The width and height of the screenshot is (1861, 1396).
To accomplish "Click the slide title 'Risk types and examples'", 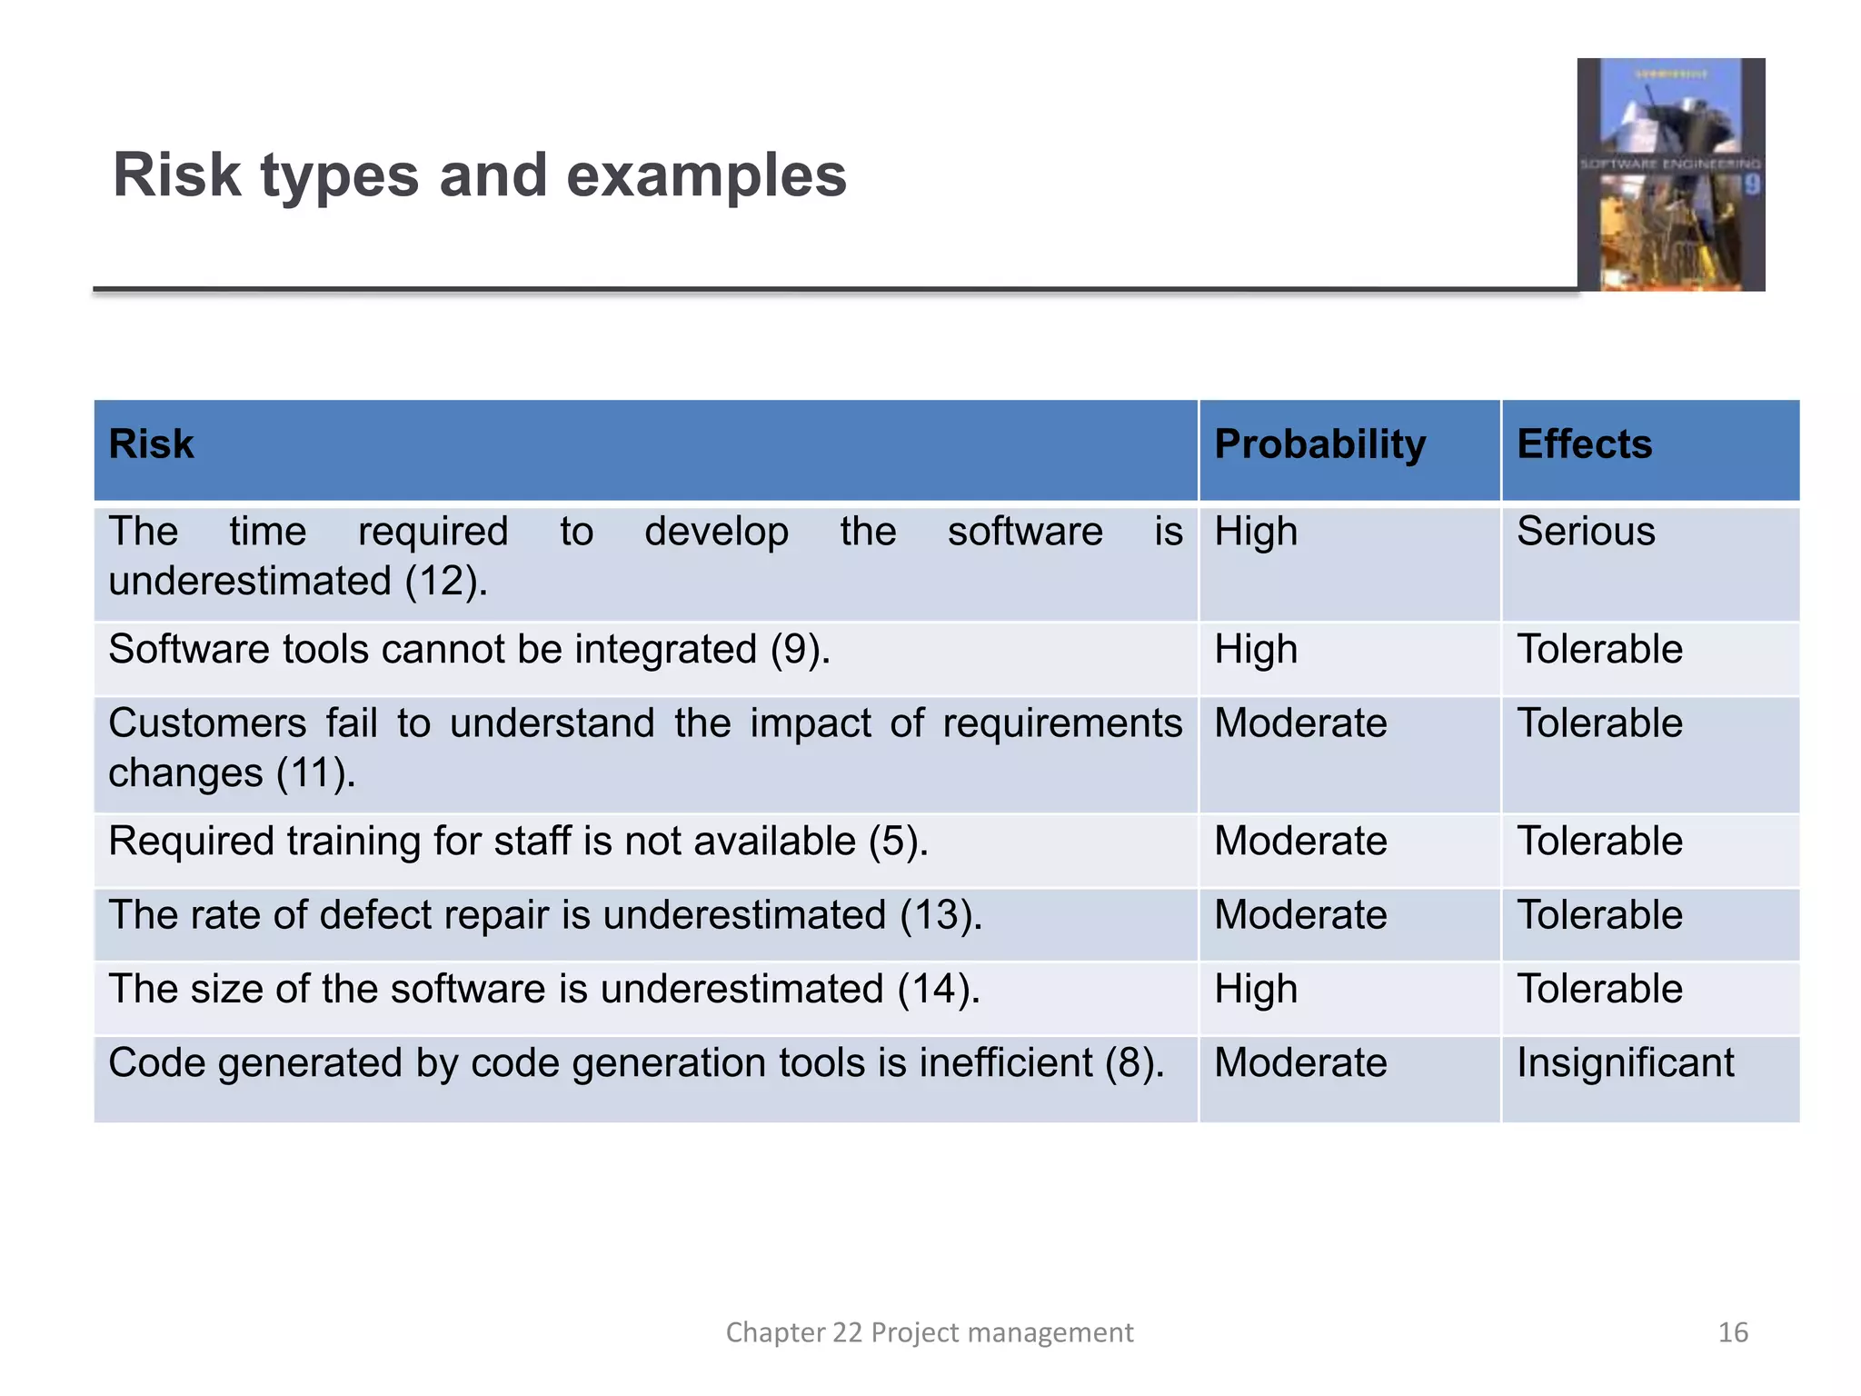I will tap(479, 174).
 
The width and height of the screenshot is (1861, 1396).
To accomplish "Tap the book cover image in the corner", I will tap(1670, 174).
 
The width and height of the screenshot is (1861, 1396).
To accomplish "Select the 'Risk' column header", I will tap(152, 444).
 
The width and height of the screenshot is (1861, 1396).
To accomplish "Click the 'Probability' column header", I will tap(1319, 444).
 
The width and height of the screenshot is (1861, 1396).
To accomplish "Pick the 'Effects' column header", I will tap(1584, 444).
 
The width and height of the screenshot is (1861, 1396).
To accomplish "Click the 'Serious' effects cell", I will tap(1586, 532).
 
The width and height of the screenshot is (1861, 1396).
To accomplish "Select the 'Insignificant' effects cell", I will tap(1625, 1062).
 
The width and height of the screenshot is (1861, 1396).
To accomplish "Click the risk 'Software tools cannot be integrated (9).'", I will tap(469, 650).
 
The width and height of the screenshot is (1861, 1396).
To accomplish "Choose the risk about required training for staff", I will tap(518, 842).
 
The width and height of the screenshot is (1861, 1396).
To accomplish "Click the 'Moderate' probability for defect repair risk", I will tap(1300, 915).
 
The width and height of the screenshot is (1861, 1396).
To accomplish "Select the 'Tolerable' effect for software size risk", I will tap(1599, 989).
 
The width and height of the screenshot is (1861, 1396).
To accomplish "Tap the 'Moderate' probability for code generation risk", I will tap(1300, 1062).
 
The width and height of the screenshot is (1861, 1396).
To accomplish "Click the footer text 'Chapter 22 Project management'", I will tap(929, 1332).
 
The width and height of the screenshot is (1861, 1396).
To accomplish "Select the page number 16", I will tap(1733, 1332).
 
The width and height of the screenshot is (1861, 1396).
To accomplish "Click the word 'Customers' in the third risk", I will tap(207, 724).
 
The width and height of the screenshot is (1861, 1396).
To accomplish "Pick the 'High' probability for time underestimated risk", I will tap(1256, 533).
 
